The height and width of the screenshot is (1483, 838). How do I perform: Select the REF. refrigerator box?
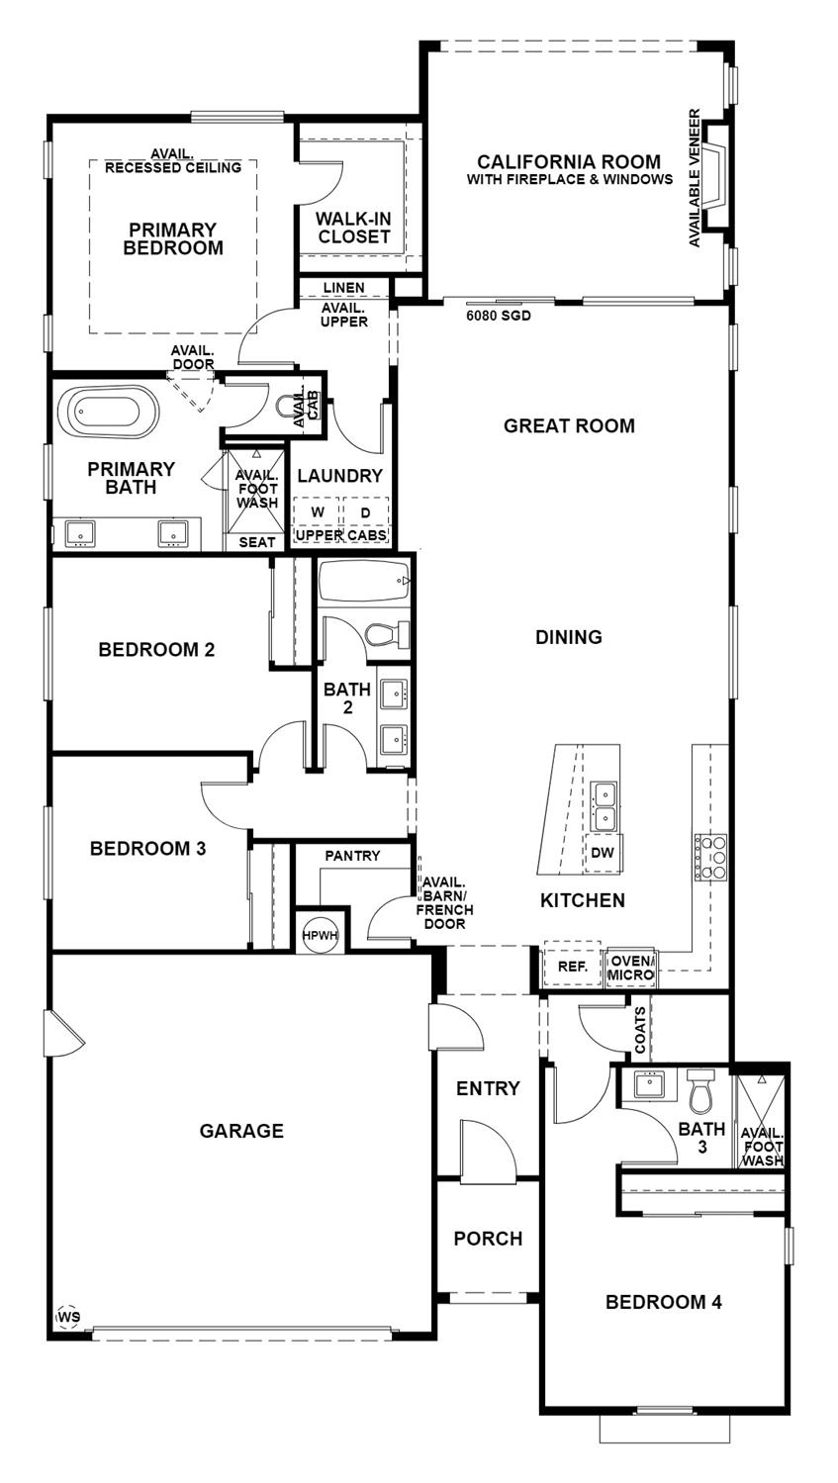pos(573,967)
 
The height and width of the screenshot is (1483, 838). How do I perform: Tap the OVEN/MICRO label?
pos(631,968)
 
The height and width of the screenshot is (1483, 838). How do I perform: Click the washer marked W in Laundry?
pos(318,511)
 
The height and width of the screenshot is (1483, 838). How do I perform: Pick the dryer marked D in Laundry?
pos(364,511)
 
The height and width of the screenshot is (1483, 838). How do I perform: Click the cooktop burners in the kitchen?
pos(711,857)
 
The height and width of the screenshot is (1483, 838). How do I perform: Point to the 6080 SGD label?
pos(499,318)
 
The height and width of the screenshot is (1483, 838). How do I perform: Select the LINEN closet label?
pos(343,288)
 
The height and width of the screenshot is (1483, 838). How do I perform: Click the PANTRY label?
pos(352,855)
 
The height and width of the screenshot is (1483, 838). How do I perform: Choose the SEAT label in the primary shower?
pos(257,542)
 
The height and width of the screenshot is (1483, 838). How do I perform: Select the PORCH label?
pos(488,1239)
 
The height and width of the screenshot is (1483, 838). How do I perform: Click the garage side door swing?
pos(63,1032)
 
